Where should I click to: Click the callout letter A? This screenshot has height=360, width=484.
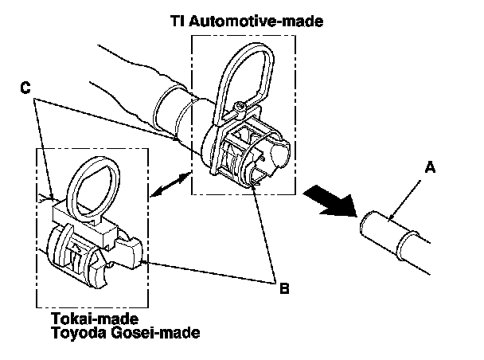click(x=430, y=167)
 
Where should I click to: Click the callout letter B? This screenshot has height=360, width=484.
click(x=284, y=288)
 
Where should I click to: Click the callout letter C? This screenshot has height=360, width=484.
click(x=25, y=88)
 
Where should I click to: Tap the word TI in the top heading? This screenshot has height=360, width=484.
click(x=178, y=21)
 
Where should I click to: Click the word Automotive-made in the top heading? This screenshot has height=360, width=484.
click(x=256, y=21)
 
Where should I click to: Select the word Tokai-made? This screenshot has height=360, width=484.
click(x=95, y=319)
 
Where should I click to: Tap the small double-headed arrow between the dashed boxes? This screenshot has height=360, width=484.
click(x=170, y=184)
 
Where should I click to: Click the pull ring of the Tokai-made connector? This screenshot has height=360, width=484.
click(x=92, y=188)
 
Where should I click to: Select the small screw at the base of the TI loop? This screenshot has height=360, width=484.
click(x=240, y=108)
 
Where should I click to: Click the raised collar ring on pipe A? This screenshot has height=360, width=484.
click(x=407, y=245)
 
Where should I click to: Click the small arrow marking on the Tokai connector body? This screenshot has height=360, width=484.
click(x=75, y=247)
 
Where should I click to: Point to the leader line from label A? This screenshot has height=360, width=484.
click(x=404, y=201)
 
